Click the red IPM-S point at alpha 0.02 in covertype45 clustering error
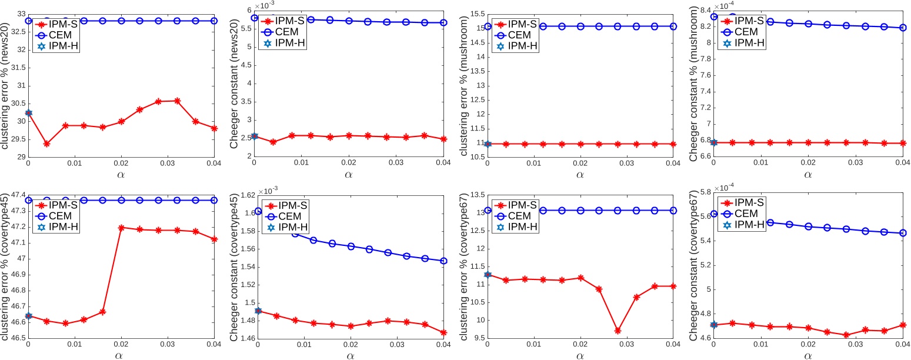[121, 228]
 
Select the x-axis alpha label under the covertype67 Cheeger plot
[807, 355]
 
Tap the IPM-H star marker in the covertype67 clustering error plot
[488, 275]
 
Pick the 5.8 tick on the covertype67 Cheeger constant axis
[703, 195]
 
